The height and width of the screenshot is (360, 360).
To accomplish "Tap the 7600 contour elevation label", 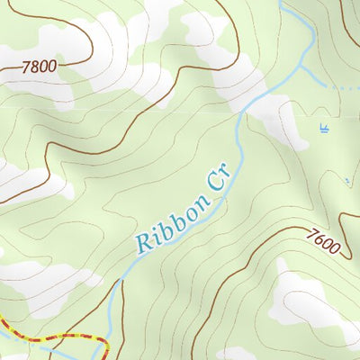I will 323,241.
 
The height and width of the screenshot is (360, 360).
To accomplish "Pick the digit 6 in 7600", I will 319,238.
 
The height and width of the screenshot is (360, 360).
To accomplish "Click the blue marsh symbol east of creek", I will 323,129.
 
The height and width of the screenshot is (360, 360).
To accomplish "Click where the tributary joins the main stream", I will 301,65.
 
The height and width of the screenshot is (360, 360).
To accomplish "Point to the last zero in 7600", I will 335,247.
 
